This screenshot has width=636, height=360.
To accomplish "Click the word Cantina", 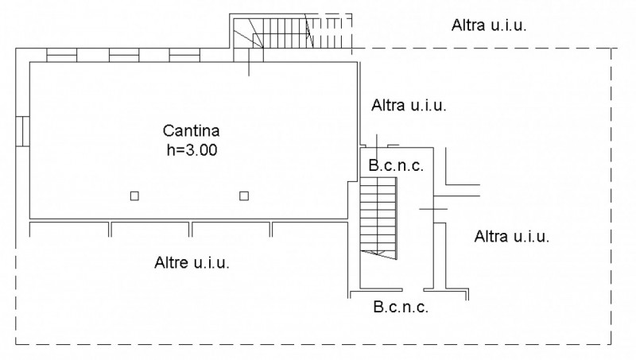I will [191, 130].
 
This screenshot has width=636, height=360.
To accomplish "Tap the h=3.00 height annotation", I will [191, 148].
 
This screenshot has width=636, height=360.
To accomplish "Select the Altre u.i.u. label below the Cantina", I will [192, 263].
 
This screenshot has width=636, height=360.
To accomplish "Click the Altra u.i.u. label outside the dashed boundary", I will [489, 25].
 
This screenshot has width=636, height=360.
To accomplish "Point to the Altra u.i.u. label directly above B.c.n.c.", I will [410, 105].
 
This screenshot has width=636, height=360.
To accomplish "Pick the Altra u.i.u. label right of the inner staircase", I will [512, 236].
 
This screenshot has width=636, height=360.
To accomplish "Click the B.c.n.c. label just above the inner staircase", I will [395, 166].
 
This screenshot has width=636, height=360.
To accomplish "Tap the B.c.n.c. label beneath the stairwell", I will [399, 307].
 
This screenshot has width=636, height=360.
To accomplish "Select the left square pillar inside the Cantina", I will [135, 195].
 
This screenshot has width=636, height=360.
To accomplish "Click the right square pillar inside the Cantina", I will [244, 195].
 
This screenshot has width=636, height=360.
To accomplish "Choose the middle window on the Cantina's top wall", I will [124, 56].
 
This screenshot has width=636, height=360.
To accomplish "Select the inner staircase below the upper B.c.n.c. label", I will [378, 215].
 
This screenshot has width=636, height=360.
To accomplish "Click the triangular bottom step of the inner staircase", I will [380, 253].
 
